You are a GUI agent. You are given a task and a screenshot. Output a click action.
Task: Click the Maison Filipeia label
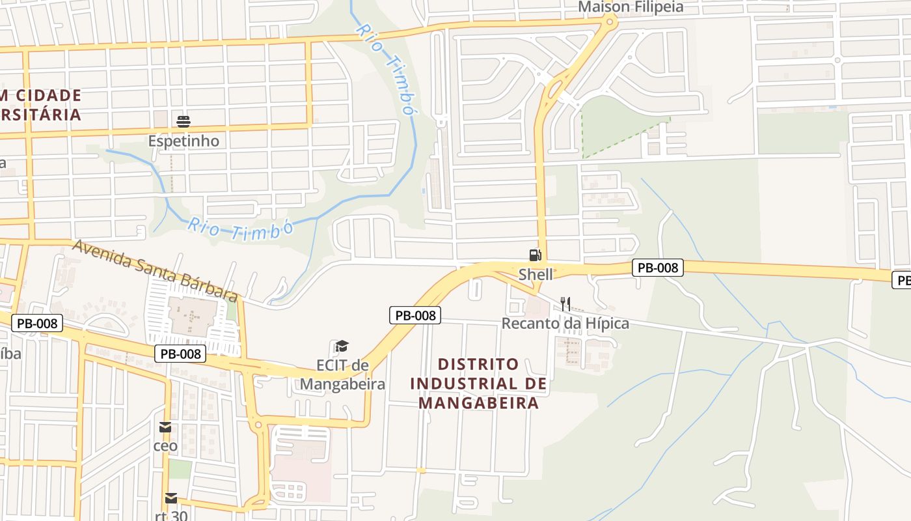tap(631, 7)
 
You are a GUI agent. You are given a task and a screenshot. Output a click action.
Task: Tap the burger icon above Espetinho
tap(184, 121)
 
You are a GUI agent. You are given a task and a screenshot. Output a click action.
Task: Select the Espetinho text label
tap(184, 141)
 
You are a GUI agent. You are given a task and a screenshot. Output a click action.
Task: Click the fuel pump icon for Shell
tap(535, 255)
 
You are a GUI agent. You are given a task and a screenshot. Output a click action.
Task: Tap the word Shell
tap(536, 274)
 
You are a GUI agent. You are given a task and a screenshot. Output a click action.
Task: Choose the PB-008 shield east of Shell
tap(658, 267)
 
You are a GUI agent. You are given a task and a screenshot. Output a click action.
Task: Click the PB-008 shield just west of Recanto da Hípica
tap(415, 315)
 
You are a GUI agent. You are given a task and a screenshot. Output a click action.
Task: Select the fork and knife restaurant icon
tap(565, 303)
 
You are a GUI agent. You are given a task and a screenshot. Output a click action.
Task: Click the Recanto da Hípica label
tap(565, 323)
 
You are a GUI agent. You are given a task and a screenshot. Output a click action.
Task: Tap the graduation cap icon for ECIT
tap(342, 346)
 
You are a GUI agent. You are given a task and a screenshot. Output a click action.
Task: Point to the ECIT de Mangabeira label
tap(342, 374)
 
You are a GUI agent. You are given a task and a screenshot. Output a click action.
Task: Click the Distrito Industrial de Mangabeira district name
tap(478, 384)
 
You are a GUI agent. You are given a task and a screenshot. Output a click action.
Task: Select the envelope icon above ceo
tap(165, 427)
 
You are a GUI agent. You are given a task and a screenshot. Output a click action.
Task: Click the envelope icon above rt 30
tap(170, 498)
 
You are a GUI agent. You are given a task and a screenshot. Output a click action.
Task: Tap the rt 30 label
tap(170, 516)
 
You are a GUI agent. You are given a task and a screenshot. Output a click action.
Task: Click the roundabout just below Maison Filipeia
tap(610, 21)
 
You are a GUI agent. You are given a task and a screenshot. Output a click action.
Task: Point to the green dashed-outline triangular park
tap(612, 127)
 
